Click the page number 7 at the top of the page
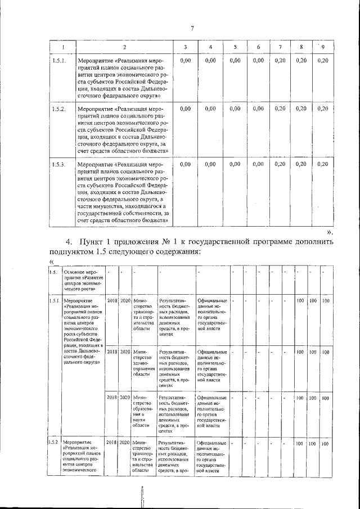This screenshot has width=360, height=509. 192,29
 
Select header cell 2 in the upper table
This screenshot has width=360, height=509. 124,46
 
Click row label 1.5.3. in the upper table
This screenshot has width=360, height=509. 59,164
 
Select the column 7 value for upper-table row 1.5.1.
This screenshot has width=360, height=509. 280,60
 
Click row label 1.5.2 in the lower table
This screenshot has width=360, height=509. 53,444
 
